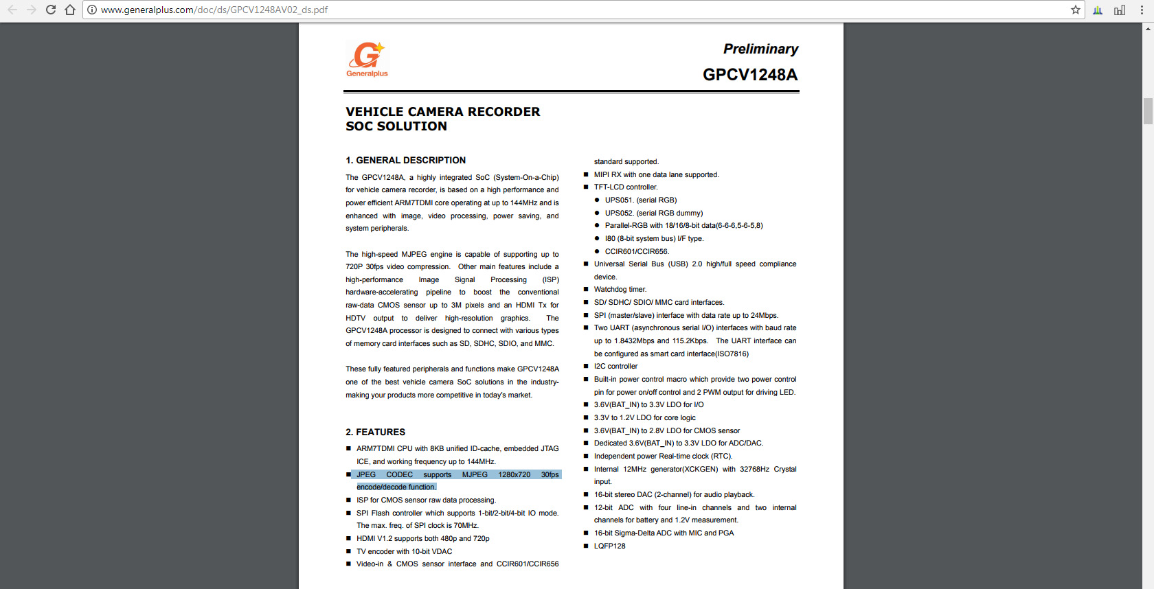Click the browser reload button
[50, 10]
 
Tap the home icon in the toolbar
[69, 10]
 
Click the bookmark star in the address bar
[1076, 10]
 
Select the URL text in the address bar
[214, 10]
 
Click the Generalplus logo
[367, 59]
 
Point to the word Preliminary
[760, 49]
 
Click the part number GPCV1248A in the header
[750, 75]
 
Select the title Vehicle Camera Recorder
[443, 112]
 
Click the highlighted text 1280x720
[514, 474]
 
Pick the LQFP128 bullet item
[609, 546]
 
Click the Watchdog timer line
[620, 290]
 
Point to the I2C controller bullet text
[615, 367]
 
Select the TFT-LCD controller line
[626, 187]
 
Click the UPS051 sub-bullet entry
[640, 200]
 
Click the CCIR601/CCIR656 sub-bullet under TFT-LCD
[637, 251]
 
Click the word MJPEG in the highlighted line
[475, 474]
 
